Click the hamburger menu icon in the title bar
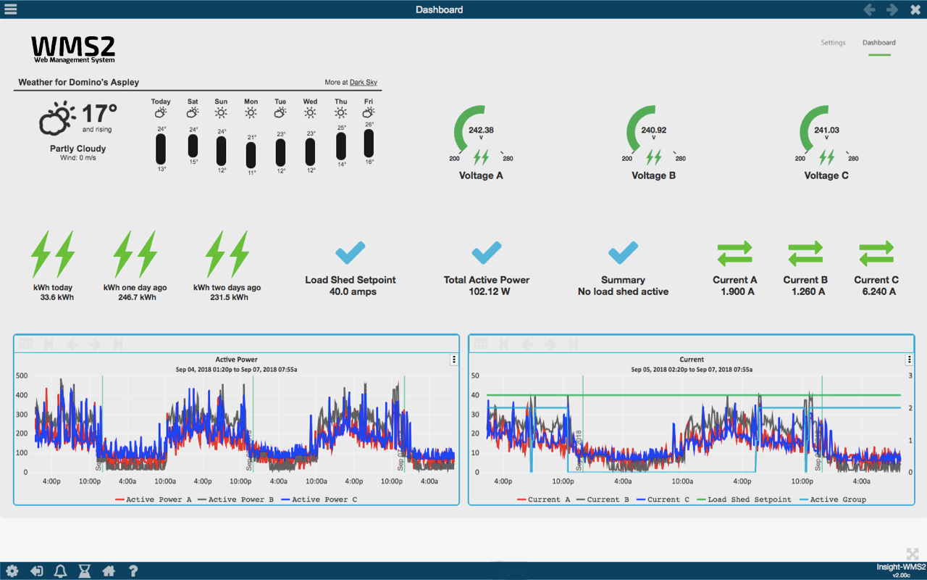coord(11,9)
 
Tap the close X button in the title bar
coord(915,9)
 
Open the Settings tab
coord(833,43)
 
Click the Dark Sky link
coord(363,83)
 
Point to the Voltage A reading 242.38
coord(481,130)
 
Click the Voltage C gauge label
coord(826,175)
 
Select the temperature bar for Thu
coord(340,146)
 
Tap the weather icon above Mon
coord(251,113)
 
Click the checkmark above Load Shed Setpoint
coord(351,253)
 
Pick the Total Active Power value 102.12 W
coord(487,291)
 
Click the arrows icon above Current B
coord(805,253)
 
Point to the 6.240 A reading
coord(878,291)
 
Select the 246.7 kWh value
coord(137,297)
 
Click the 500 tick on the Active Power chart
coord(22,376)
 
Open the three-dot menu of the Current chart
coord(909,360)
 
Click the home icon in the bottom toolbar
coord(109,571)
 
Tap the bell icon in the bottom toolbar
coord(60,571)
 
